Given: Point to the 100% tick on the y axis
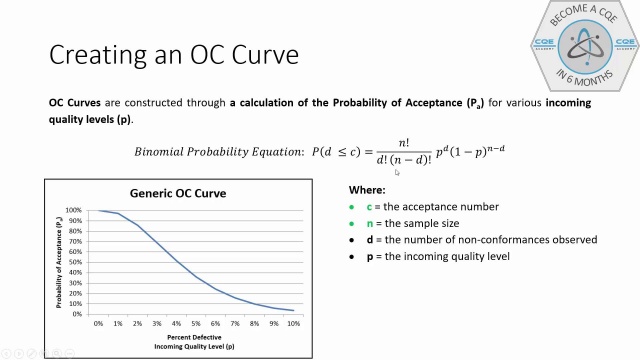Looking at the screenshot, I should (x=74, y=211).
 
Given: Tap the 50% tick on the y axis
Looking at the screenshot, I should (x=76, y=263).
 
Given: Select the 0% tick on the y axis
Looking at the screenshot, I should (x=77, y=314).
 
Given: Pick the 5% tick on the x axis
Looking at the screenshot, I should (x=195, y=324).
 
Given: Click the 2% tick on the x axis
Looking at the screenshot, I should (x=137, y=324).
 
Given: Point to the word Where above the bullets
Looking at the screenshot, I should (x=366, y=189).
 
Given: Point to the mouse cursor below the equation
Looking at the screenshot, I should (x=397, y=172).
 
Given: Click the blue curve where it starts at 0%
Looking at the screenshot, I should (x=98, y=211).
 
